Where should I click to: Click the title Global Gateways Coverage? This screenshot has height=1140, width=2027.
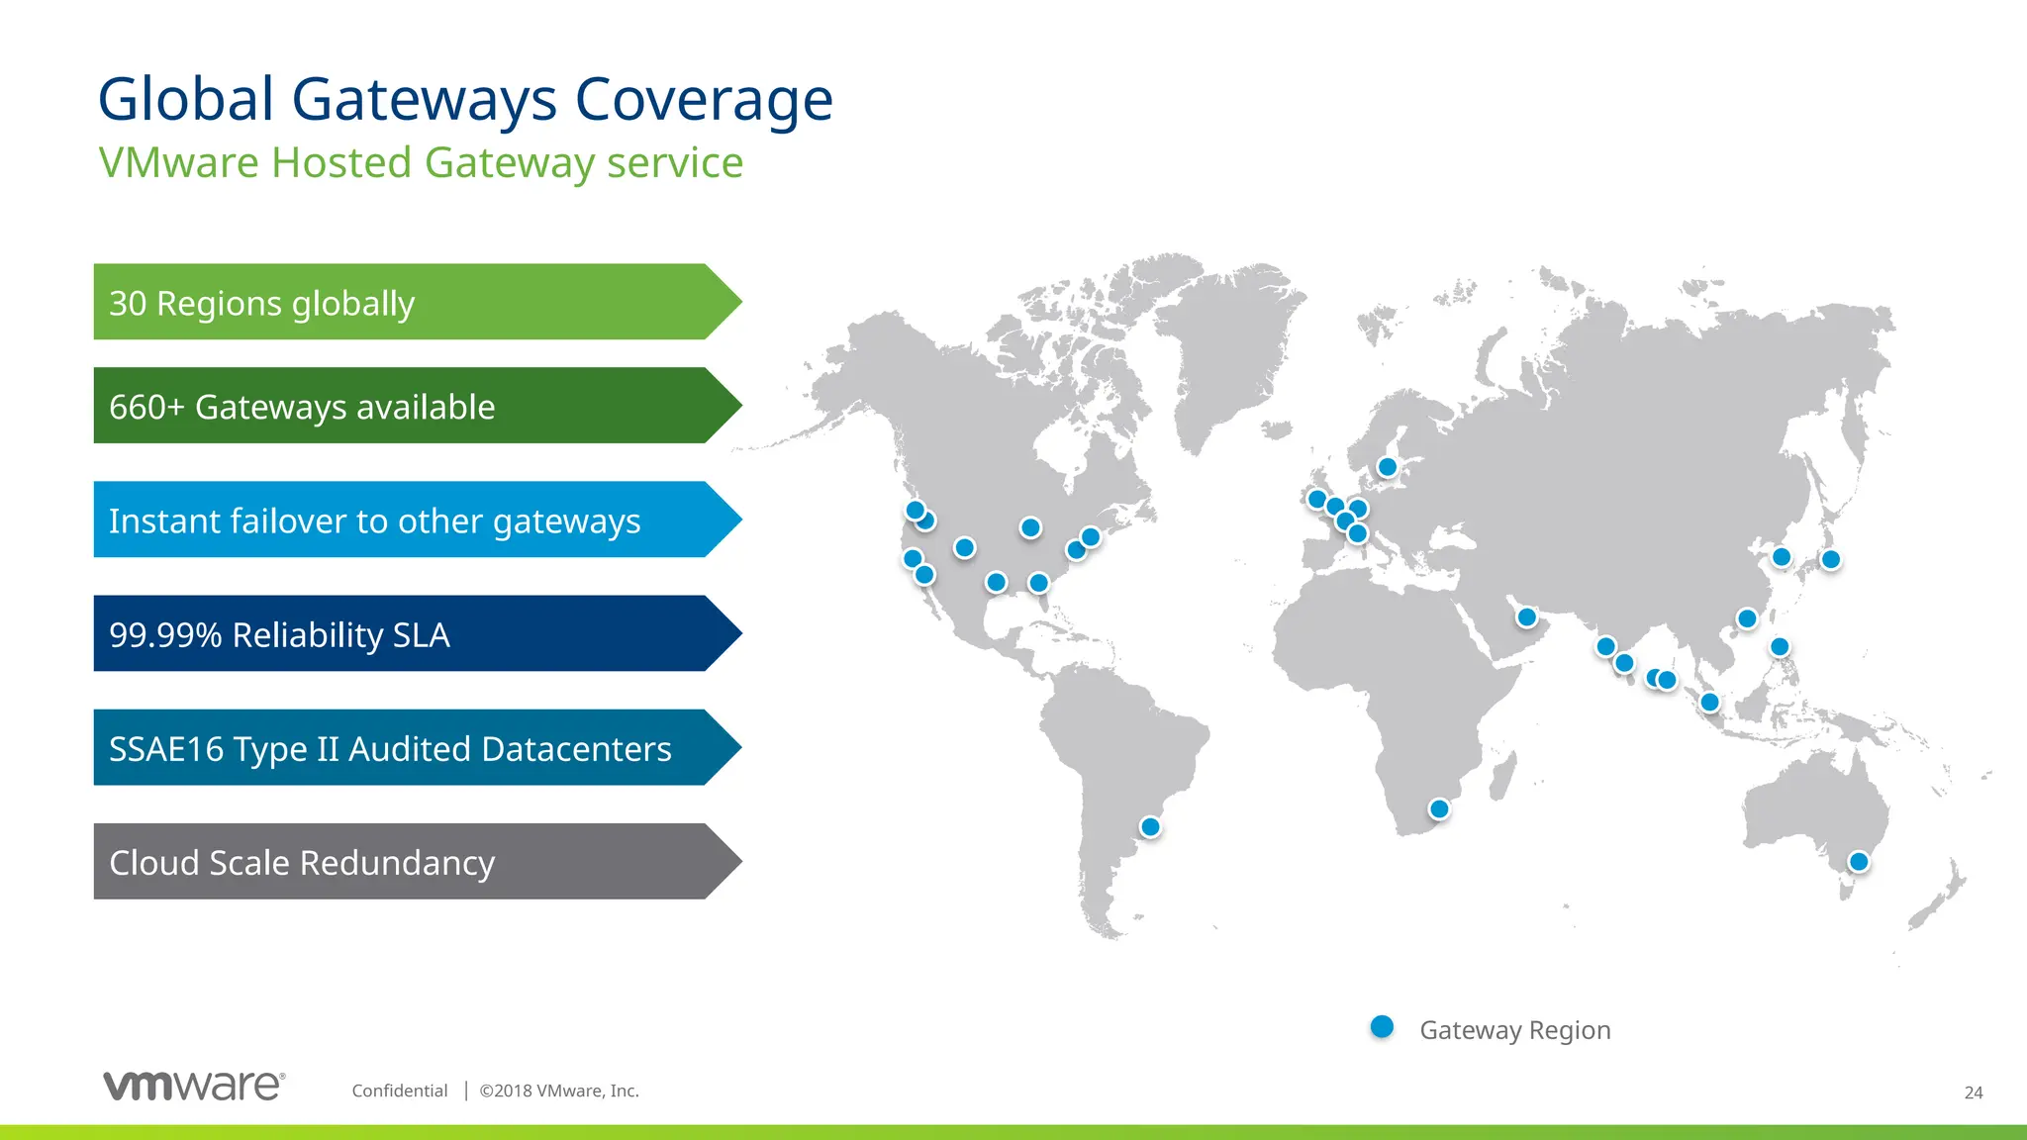(x=465, y=100)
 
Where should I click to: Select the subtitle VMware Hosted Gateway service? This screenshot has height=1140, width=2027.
(x=421, y=163)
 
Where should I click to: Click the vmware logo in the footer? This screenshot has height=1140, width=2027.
(x=194, y=1086)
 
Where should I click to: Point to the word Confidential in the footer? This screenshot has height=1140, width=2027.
(x=400, y=1091)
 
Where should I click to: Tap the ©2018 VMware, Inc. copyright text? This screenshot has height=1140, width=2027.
(x=559, y=1091)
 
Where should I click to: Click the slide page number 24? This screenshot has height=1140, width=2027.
(x=1973, y=1092)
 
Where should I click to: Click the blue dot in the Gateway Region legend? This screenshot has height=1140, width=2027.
(x=1382, y=1027)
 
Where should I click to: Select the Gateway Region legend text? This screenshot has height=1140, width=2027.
(x=1514, y=1030)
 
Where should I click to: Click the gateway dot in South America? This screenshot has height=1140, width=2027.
(x=1150, y=826)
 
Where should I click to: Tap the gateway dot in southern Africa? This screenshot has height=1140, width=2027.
(x=1439, y=809)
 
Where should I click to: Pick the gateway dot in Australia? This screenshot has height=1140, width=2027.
(x=1859, y=862)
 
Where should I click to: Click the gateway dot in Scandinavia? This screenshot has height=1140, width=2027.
(x=1388, y=467)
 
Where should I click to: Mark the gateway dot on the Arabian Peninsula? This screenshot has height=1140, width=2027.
(x=1527, y=617)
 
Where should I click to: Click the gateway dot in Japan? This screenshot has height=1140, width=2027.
(x=1831, y=559)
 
